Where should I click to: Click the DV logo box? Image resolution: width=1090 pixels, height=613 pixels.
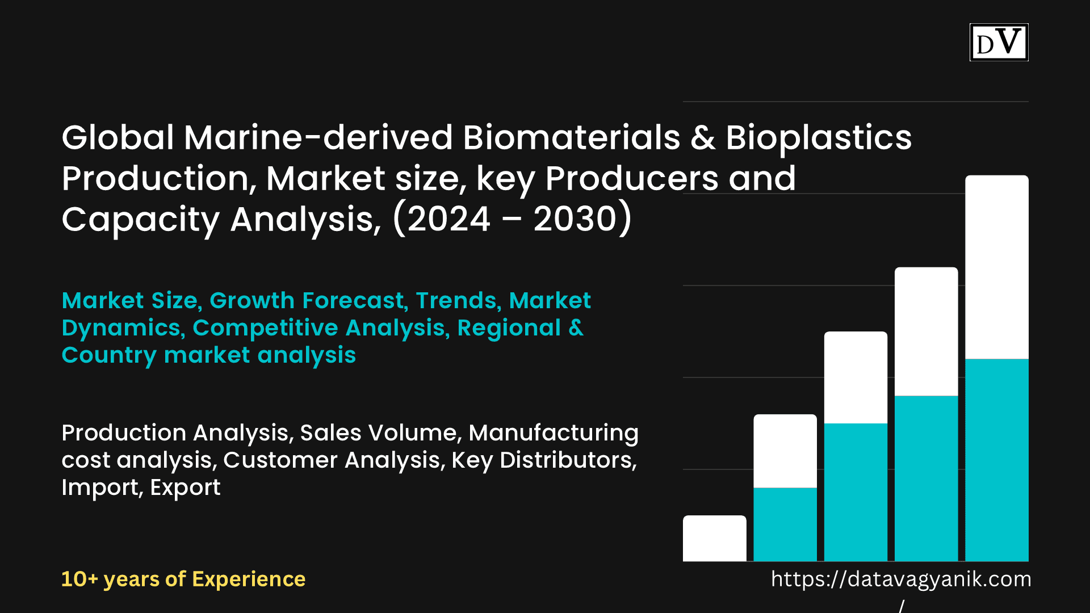pyautogui.click(x=999, y=42)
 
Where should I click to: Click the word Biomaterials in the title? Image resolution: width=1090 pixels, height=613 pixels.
pyautogui.click(x=571, y=137)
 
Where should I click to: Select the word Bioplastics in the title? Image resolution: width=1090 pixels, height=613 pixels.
pyautogui.click(x=819, y=138)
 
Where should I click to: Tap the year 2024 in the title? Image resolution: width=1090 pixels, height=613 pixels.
pyautogui.click(x=448, y=219)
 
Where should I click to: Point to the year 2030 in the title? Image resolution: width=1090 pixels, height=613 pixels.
pyautogui.click(x=575, y=219)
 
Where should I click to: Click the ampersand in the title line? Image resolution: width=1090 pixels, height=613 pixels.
pyautogui.click(x=703, y=138)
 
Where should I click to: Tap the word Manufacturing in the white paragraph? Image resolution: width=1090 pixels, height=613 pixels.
pyautogui.click(x=554, y=433)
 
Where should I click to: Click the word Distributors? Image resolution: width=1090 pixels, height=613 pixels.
pyautogui.click(x=568, y=460)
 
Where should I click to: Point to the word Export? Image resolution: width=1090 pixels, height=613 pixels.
pyautogui.click(x=185, y=488)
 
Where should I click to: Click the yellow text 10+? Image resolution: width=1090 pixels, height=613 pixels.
pyautogui.click(x=79, y=579)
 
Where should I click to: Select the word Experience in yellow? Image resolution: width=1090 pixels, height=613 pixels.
pyautogui.click(x=249, y=580)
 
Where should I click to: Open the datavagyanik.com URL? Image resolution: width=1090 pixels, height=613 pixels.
pyautogui.click(x=901, y=580)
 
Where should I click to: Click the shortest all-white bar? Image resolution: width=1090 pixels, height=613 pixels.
pyautogui.click(x=715, y=538)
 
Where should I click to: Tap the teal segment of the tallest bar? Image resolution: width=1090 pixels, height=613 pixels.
pyautogui.click(x=997, y=460)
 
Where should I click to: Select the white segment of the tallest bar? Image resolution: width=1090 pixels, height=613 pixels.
pyautogui.click(x=997, y=267)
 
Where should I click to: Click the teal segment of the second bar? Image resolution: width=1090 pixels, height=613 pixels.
pyautogui.click(x=785, y=524)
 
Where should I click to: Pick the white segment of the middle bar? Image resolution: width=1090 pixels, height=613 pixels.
pyautogui.click(x=856, y=377)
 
